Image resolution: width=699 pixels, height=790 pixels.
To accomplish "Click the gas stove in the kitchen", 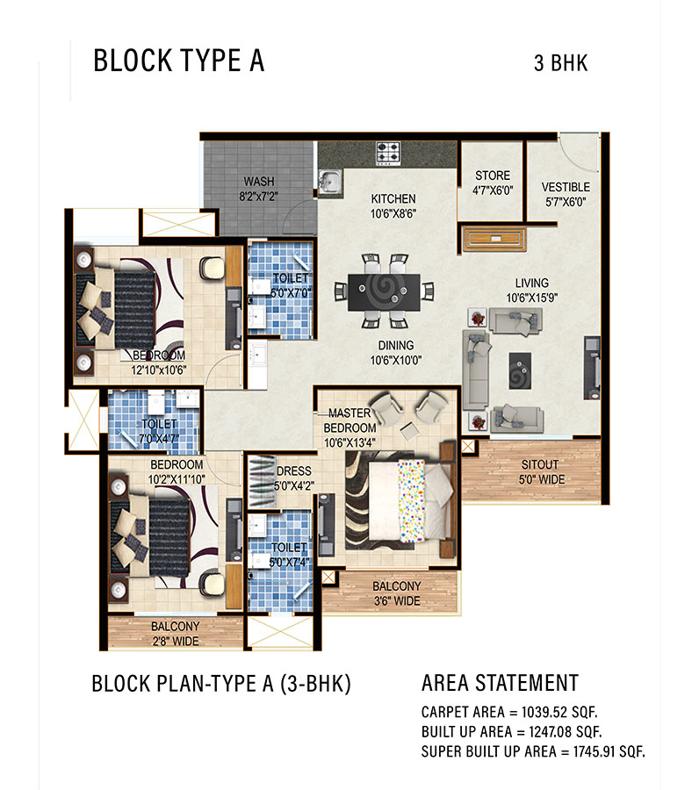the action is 388,153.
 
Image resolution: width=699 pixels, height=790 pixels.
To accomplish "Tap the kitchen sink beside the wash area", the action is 330,182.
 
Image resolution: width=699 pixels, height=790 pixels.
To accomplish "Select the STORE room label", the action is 493,176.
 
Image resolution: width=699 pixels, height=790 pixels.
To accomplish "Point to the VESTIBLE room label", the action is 566,188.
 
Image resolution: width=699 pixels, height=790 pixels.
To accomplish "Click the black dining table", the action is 384,292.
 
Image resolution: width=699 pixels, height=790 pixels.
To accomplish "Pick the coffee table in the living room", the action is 520,370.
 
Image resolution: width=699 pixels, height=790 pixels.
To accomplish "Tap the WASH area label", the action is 259,182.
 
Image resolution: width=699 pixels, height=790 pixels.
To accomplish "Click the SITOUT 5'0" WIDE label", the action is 540,472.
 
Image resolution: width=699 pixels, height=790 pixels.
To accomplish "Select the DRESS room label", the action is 294,471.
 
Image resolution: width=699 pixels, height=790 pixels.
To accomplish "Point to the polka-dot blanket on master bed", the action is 411,500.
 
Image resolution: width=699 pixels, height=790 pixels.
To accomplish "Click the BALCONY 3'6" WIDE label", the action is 397,593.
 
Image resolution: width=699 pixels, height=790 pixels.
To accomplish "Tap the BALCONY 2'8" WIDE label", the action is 176,634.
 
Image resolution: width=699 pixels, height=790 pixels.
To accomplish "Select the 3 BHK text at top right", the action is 561,63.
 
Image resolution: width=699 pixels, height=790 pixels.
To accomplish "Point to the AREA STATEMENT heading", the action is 500,683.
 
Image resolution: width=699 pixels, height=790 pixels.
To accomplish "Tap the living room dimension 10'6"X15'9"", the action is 531,298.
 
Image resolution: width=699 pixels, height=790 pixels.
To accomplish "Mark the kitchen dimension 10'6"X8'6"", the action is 393,213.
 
